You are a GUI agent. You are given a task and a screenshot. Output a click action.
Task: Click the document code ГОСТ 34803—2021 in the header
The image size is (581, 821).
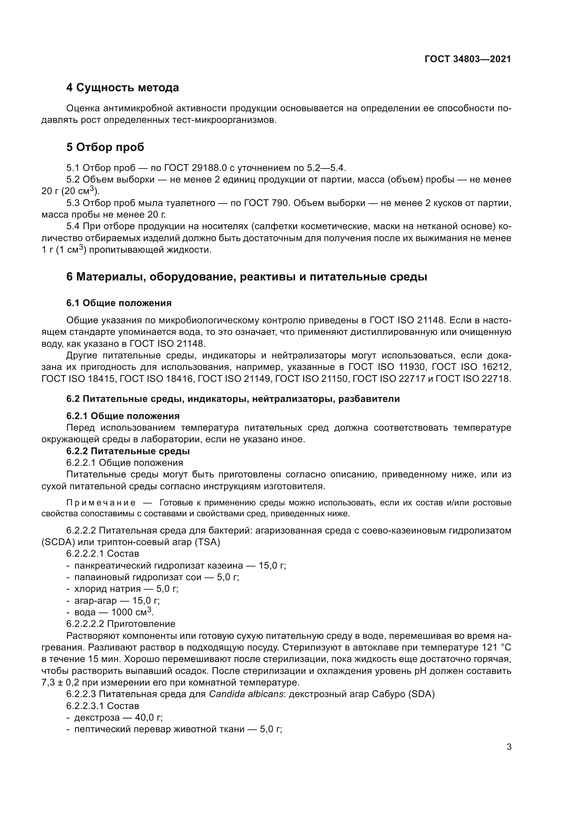point(468,59)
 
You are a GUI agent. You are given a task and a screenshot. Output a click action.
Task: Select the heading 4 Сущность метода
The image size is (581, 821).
point(123,88)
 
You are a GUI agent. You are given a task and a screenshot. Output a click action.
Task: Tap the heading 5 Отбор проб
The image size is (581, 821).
point(105,147)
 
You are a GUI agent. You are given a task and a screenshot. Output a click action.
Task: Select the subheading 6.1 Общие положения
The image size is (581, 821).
point(119,303)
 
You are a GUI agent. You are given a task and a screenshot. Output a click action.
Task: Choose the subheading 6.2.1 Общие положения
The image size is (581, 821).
point(123,416)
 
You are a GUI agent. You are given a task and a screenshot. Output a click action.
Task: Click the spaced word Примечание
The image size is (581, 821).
point(101,503)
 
